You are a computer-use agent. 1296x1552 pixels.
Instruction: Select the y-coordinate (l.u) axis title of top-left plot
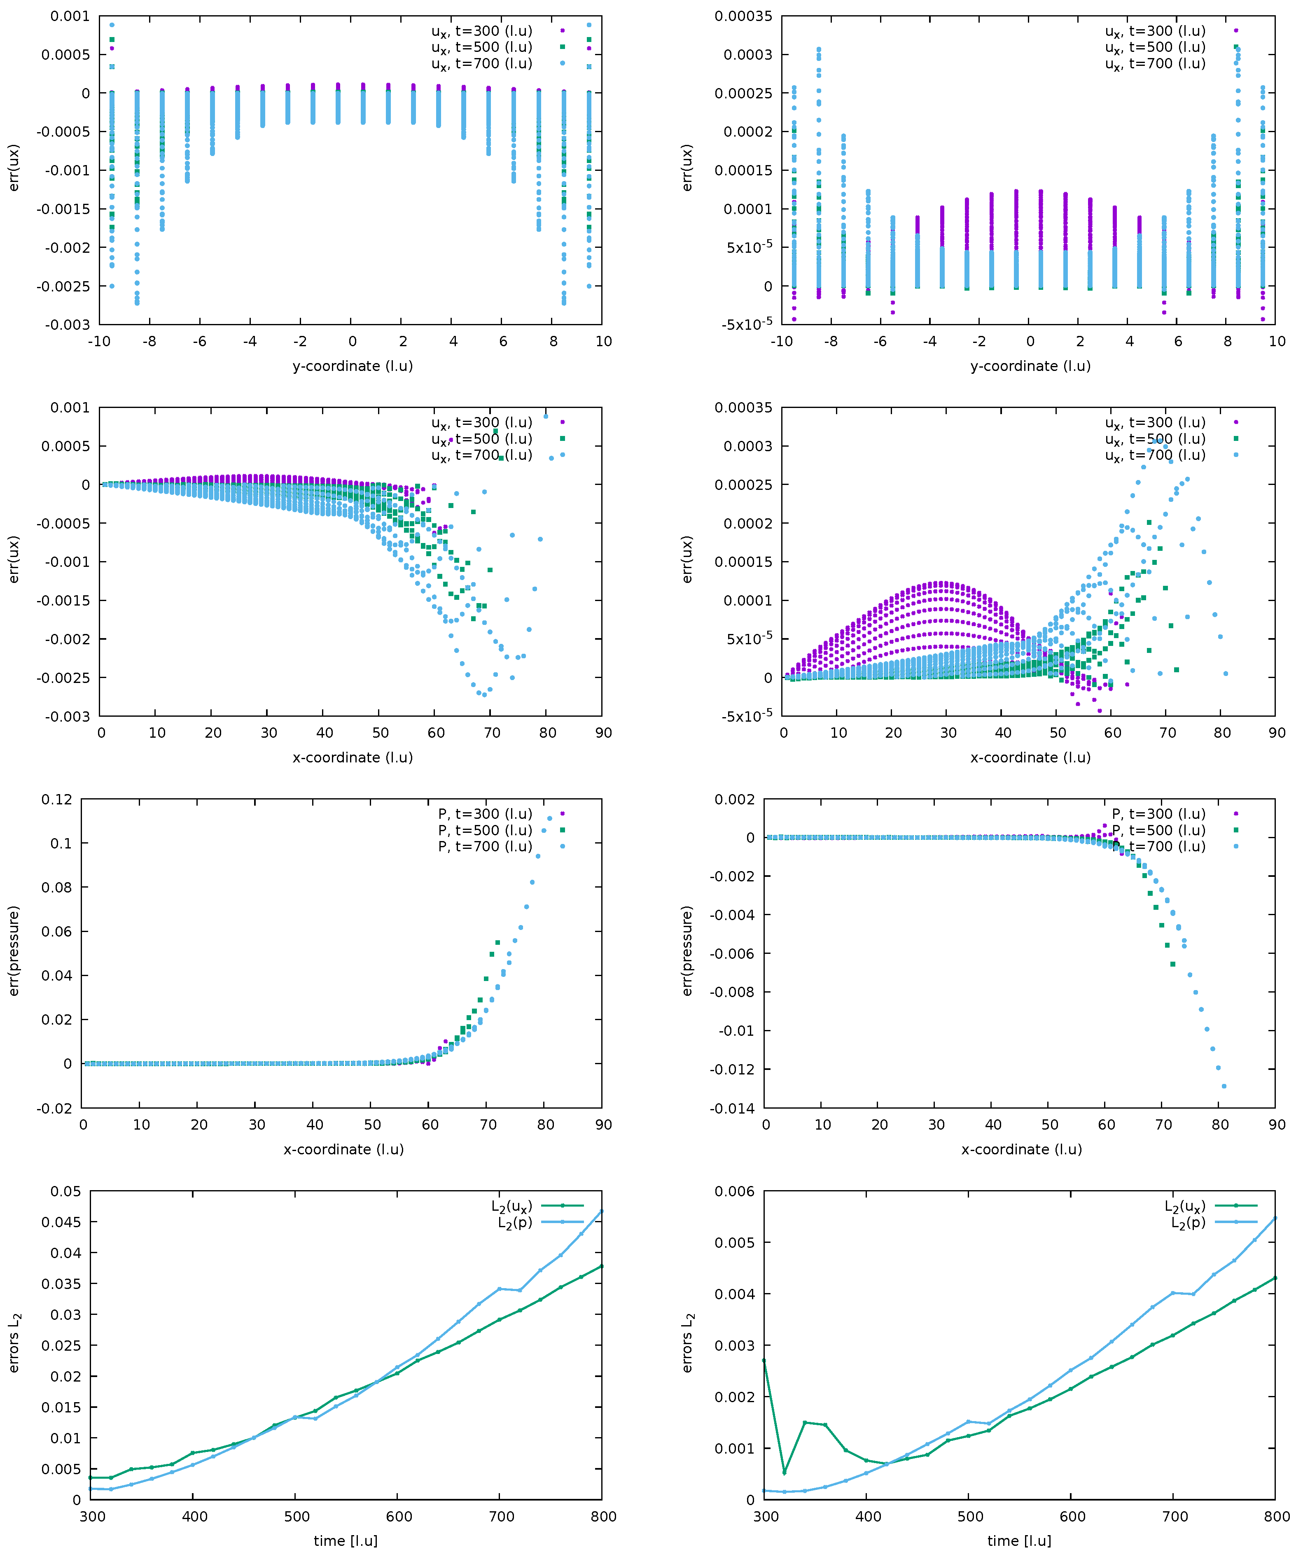(352, 366)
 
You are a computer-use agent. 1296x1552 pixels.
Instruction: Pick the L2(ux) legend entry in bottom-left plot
(511, 1207)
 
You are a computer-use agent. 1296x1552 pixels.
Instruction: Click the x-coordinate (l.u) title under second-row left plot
(352, 757)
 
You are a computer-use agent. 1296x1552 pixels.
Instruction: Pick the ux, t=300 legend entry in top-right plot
(1155, 31)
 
